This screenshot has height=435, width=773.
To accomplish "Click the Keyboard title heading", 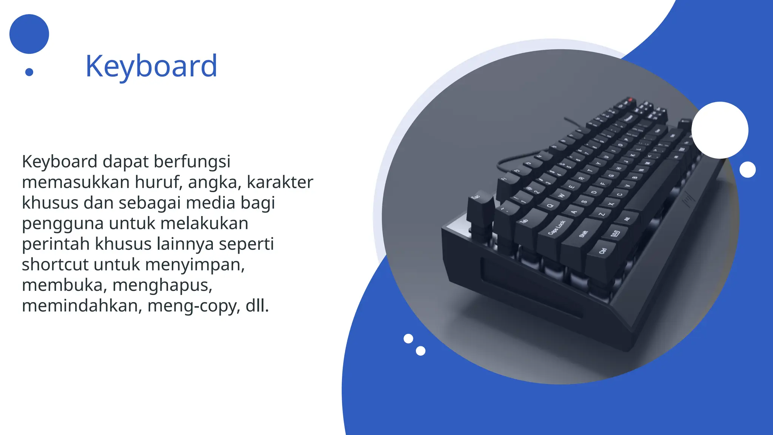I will pyautogui.click(x=151, y=66).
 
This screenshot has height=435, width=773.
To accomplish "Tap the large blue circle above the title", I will pyautogui.click(x=29, y=34).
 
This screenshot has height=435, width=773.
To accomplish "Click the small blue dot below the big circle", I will pyautogui.click(x=29, y=72).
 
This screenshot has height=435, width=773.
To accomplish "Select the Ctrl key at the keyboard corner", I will pyautogui.click(x=603, y=250).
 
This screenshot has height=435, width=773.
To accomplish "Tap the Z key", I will pyautogui.click(x=602, y=214).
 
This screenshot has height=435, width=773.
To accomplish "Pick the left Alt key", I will pyautogui.click(x=627, y=219).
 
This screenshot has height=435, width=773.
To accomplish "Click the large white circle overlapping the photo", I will pyautogui.click(x=719, y=130).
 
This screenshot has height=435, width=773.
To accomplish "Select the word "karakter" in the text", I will pyautogui.click(x=280, y=182).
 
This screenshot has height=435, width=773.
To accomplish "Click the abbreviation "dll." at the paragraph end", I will pyautogui.click(x=257, y=305).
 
